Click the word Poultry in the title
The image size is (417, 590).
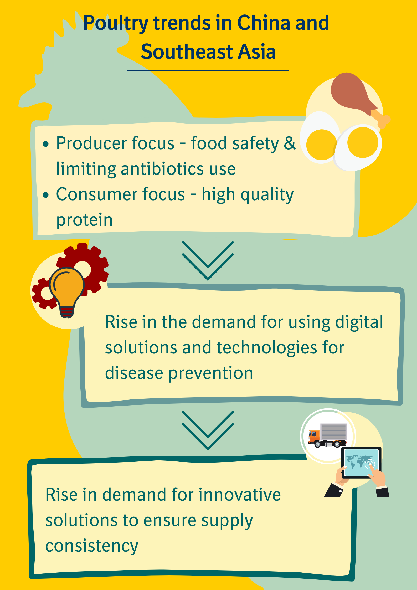tap(116, 23)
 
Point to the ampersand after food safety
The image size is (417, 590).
tap(290, 143)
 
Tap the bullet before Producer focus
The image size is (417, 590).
tap(46, 144)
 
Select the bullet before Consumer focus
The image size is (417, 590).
tap(46, 195)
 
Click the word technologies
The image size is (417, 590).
tap(267, 347)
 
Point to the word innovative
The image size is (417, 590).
tap(239, 495)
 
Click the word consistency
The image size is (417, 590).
tap(92, 546)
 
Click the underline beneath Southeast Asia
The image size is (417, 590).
tap(208, 70)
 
